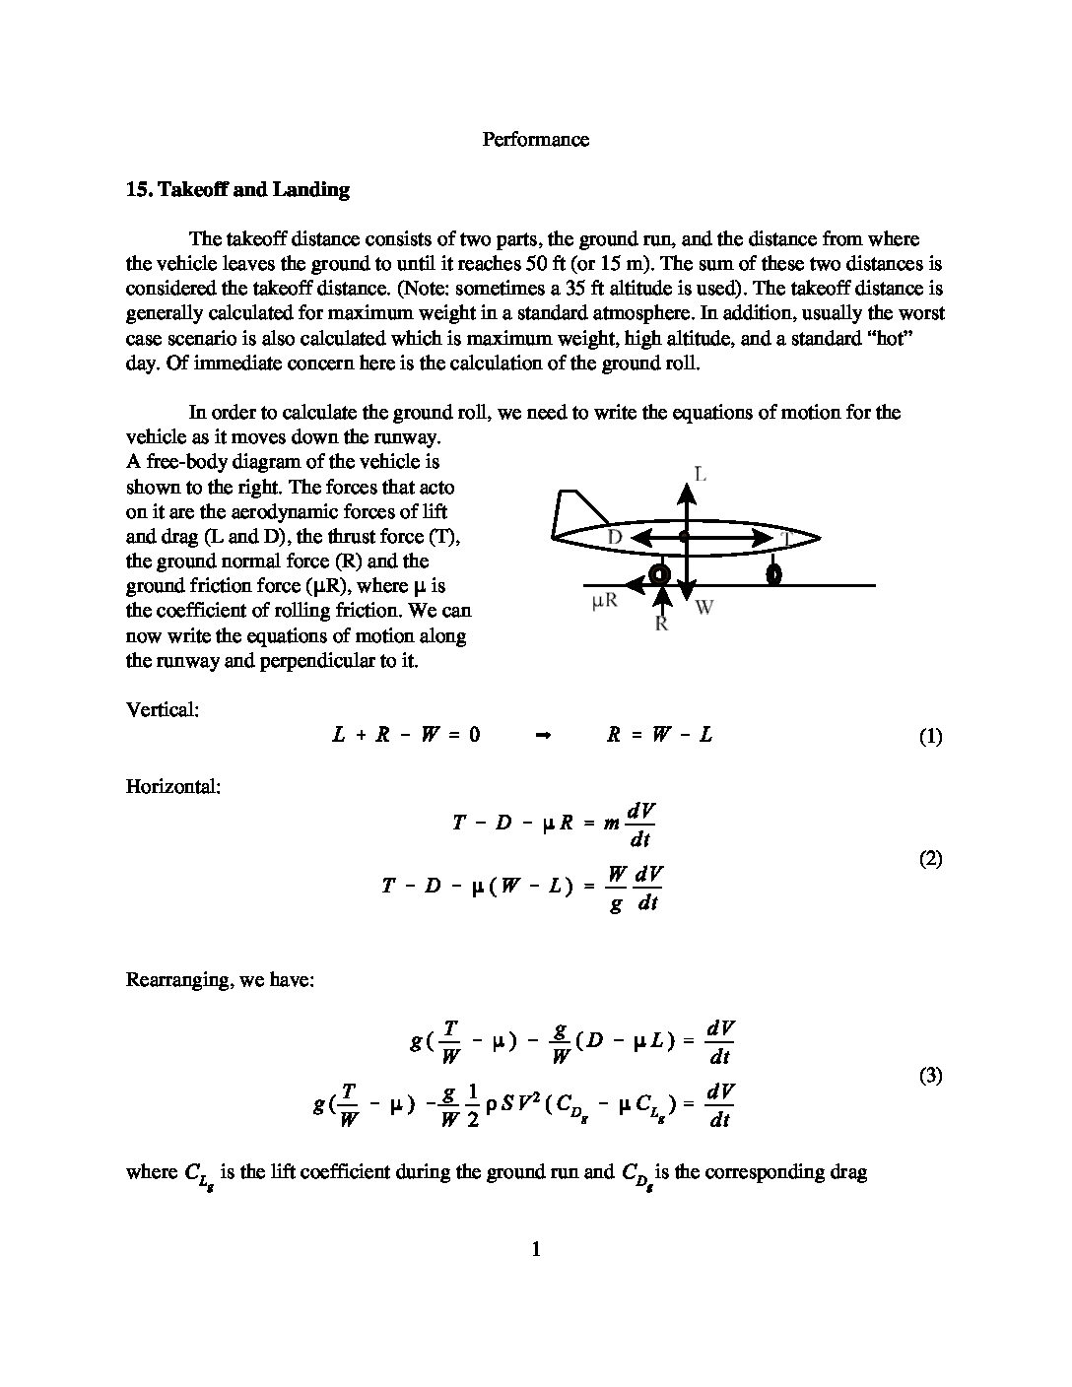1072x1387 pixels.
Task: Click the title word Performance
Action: click(x=535, y=140)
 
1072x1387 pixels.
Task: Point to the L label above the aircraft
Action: click(x=699, y=475)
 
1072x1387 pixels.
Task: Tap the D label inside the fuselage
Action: click(x=615, y=537)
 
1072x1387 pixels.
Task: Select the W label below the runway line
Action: click(x=703, y=608)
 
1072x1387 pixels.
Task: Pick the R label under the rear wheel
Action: click(x=662, y=624)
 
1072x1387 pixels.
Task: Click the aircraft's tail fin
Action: click(x=576, y=510)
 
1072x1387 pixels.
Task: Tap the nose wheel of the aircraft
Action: click(x=774, y=573)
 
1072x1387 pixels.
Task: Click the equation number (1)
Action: click(x=930, y=737)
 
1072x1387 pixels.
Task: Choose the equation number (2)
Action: click(x=930, y=859)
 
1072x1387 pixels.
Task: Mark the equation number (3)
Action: click(x=930, y=1076)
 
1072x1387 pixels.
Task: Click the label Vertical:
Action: click(x=163, y=709)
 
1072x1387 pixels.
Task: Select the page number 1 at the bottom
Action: click(x=536, y=1250)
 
